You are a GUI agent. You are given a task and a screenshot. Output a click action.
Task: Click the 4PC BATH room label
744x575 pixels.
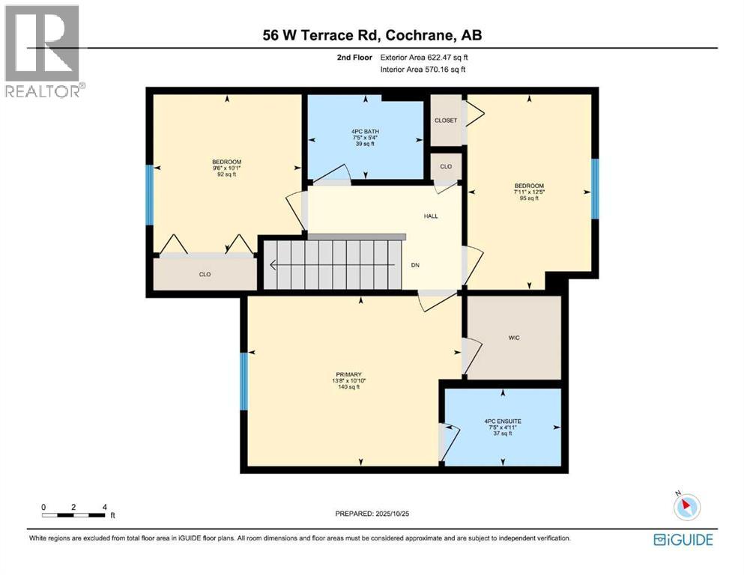(366, 131)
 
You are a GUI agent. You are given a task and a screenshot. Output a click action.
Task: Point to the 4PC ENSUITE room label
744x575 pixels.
(503, 422)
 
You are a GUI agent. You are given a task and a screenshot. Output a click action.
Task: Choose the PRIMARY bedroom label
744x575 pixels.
(348, 374)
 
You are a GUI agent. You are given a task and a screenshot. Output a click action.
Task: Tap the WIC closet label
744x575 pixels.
(513, 338)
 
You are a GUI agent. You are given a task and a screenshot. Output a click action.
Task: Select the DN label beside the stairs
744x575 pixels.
(414, 265)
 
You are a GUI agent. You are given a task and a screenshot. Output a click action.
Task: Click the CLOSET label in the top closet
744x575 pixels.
(446, 121)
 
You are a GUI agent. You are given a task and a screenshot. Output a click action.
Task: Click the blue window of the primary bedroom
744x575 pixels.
(244, 382)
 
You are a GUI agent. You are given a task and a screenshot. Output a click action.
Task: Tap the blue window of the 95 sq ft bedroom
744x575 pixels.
(595, 189)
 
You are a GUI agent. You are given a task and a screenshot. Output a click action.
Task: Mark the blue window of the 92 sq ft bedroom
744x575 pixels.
(149, 194)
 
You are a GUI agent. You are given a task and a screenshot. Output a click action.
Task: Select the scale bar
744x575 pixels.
(74, 514)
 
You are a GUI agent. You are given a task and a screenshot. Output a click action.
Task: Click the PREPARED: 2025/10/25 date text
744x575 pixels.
(374, 514)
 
